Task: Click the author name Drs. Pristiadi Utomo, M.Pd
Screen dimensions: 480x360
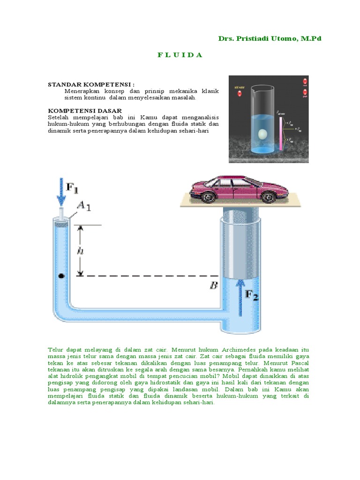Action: click(x=270, y=38)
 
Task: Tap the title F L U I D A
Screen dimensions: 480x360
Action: click(x=180, y=55)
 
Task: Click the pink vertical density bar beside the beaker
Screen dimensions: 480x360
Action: click(x=281, y=134)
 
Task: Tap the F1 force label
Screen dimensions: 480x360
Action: click(x=72, y=187)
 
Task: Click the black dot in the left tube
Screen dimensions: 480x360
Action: click(x=61, y=276)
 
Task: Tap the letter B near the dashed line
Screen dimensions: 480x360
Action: click(x=213, y=285)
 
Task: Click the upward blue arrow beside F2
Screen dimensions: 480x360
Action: click(x=241, y=300)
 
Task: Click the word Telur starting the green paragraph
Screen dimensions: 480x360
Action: click(x=55, y=350)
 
